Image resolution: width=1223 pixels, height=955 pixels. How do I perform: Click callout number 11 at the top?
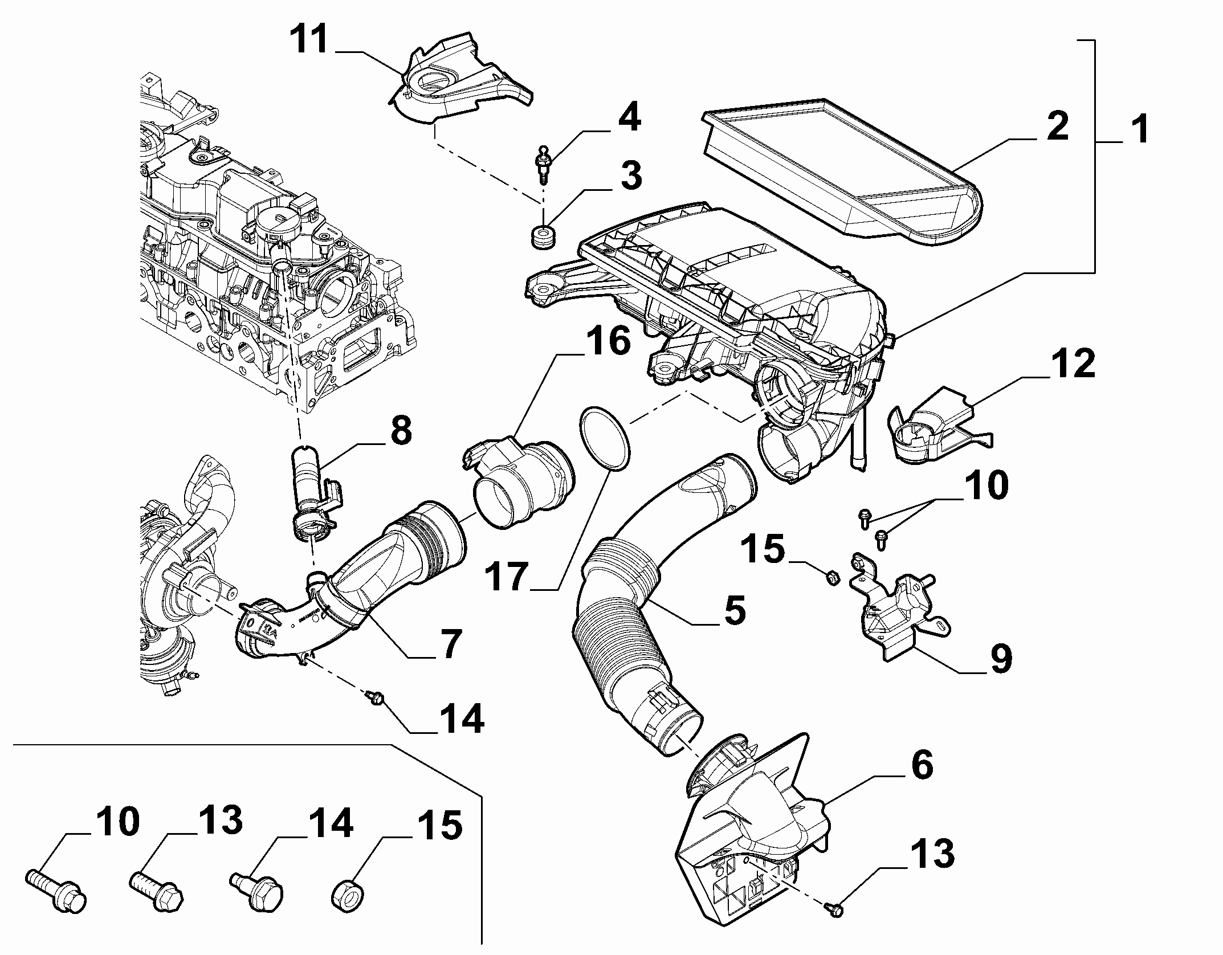point(310,39)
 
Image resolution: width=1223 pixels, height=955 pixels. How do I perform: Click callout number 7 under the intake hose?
point(448,643)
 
